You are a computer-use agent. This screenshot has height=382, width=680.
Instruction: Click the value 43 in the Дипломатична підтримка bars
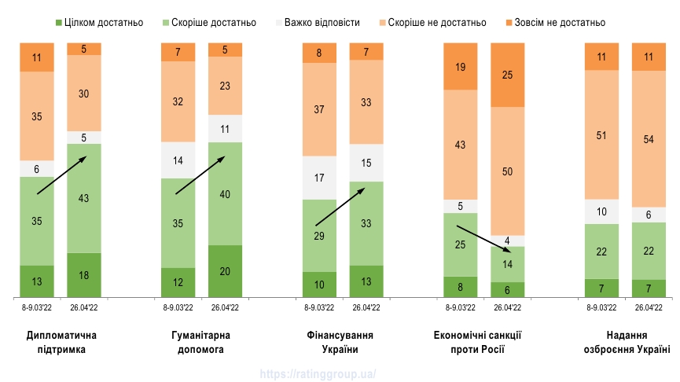84,198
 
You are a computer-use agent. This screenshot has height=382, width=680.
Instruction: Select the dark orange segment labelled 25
508,75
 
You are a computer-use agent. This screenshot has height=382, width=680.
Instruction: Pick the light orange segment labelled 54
649,138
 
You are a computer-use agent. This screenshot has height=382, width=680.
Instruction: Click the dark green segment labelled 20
225,271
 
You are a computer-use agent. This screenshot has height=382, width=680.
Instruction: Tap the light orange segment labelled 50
508,171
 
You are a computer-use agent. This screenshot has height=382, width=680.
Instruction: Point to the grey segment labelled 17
319,178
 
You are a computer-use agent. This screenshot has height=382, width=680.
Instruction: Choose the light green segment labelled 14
508,264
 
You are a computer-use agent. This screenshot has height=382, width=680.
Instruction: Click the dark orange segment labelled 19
461,67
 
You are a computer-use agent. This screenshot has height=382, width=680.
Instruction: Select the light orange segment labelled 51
602,134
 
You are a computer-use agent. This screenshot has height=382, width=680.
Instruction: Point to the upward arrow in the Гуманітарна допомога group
200,174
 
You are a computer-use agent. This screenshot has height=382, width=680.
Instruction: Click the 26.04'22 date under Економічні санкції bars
508,308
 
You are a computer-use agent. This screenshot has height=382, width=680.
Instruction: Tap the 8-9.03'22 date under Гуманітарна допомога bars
178,308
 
